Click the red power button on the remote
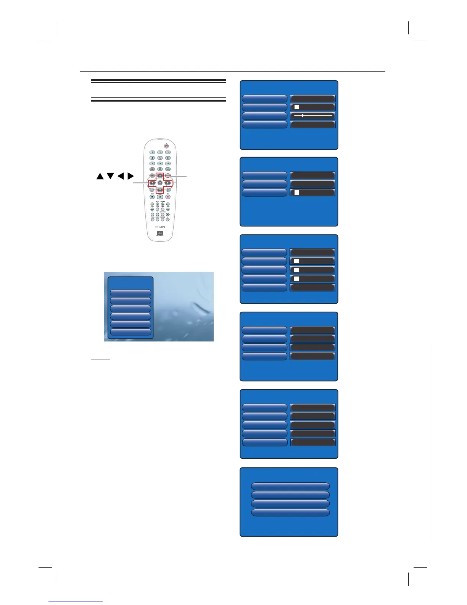(x=166, y=146)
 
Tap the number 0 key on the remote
(x=160, y=169)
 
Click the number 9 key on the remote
(x=168, y=163)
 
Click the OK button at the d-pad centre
(x=160, y=183)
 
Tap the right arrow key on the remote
(x=167, y=183)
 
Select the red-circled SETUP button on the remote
(x=167, y=176)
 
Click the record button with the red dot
(x=167, y=197)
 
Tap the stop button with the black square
(x=152, y=197)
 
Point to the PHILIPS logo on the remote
(x=160, y=226)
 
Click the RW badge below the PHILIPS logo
(x=160, y=233)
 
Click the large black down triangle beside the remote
(x=111, y=176)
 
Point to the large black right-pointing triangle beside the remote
(x=131, y=176)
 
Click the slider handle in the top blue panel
(x=302, y=115)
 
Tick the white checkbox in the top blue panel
(x=297, y=107)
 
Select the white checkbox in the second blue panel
(x=296, y=192)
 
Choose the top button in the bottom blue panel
(x=290, y=486)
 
